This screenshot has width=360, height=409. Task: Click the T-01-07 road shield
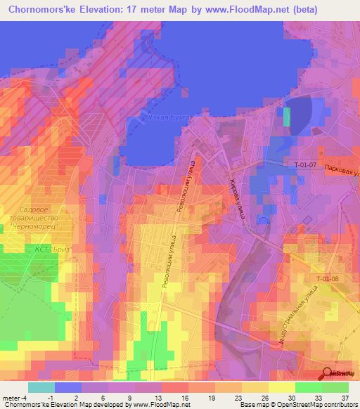(x=304, y=164)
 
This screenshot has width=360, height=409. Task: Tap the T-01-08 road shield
(x=327, y=279)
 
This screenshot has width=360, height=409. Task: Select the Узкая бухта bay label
(x=169, y=118)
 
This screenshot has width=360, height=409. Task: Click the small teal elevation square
(x=286, y=117)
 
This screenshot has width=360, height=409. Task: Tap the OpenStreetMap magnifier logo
(x=328, y=373)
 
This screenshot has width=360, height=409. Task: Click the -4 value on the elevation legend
(x=26, y=397)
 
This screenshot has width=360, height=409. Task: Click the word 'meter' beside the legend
(x=11, y=397)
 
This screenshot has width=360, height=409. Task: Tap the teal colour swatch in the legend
(x=41, y=387)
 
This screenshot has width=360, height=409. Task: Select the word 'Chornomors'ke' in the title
(x=39, y=10)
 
